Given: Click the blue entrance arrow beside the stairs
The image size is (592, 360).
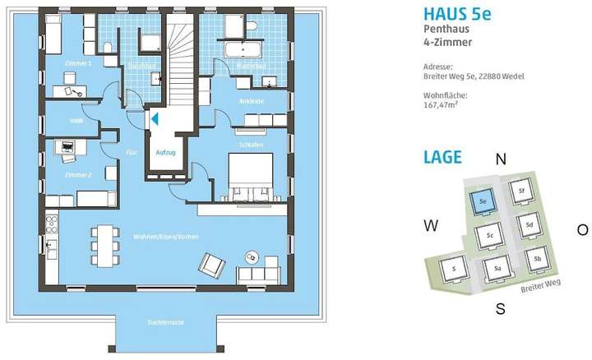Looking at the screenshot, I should point(153,119).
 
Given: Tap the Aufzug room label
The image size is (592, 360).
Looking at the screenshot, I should point(166,153).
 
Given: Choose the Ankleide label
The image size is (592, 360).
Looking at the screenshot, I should point(252,102).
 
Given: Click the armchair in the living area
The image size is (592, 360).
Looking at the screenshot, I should point(211,265).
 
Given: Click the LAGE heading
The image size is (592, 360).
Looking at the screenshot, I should point(442,156).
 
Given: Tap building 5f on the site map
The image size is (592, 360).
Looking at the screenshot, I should point(520,192).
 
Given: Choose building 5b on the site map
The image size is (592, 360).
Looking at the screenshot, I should point(536,260).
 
